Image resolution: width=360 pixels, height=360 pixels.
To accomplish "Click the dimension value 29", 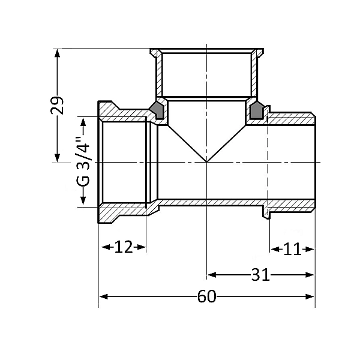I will click(57, 105).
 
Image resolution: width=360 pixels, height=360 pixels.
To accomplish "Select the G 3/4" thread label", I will click(83, 161).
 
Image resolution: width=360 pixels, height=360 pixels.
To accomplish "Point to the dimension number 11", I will click(292, 248).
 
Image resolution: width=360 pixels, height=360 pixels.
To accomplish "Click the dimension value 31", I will click(260, 275).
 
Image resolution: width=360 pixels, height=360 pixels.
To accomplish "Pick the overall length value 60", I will click(206, 297).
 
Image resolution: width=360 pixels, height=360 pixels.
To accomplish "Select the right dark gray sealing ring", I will click(257, 110).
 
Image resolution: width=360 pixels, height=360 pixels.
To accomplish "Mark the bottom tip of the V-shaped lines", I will click(206, 161).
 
